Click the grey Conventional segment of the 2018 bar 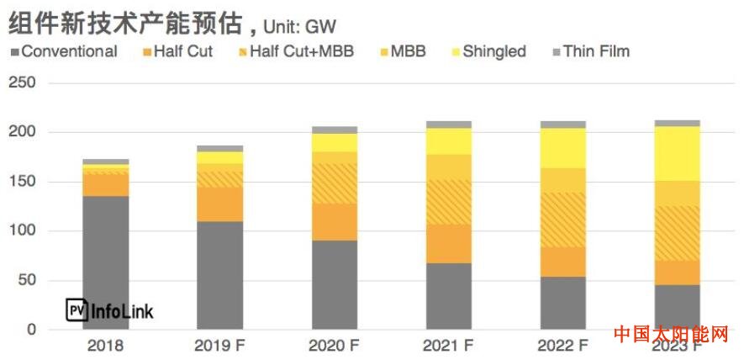(105, 261)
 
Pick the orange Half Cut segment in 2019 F (219, 204)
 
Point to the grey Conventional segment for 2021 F (448, 295)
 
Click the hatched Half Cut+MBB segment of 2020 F (334, 183)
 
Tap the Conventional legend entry (63, 51)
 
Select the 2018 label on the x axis (105, 346)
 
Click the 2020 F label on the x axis (334, 346)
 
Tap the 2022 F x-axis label (562, 346)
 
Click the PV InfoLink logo (110, 311)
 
